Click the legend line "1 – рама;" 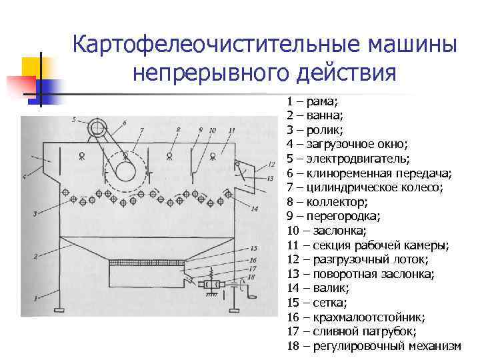pos(313,101)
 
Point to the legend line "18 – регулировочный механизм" pos(374,346)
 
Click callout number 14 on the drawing pos(255,209)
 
